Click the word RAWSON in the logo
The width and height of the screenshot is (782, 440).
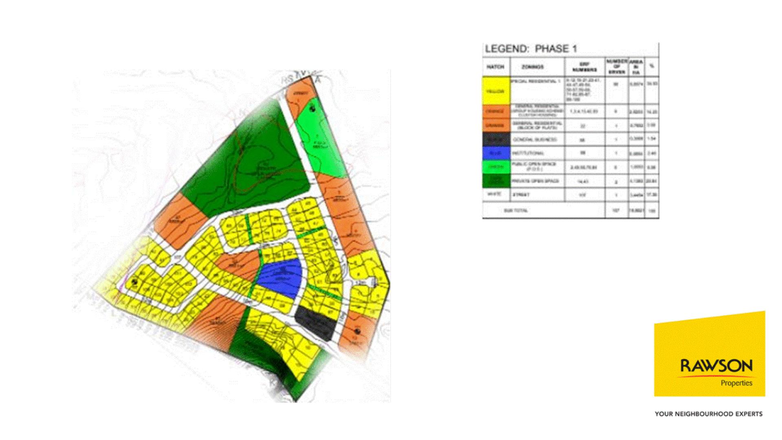tap(716, 365)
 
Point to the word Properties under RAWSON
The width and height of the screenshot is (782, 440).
tap(736, 383)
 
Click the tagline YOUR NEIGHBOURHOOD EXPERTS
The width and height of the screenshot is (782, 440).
tap(708, 414)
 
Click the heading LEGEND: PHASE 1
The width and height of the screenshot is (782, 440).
tap(530, 49)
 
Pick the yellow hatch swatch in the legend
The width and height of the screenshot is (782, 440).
tap(496, 91)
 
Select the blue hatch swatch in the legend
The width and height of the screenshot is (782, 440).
tap(496, 153)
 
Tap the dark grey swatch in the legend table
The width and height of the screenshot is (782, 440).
tap(496, 140)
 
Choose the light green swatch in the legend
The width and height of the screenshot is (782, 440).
tap(496, 167)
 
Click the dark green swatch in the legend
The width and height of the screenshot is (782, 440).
tap(496, 181)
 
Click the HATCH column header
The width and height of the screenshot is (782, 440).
tap(495, 67)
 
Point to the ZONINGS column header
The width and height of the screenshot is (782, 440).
tap(533, 67)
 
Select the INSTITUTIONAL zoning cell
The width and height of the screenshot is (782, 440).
tap(529, 153)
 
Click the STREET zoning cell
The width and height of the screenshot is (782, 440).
tap(521, 195)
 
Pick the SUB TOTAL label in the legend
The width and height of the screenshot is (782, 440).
tap(516, 211)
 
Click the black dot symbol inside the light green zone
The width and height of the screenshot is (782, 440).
tap(312, 109)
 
